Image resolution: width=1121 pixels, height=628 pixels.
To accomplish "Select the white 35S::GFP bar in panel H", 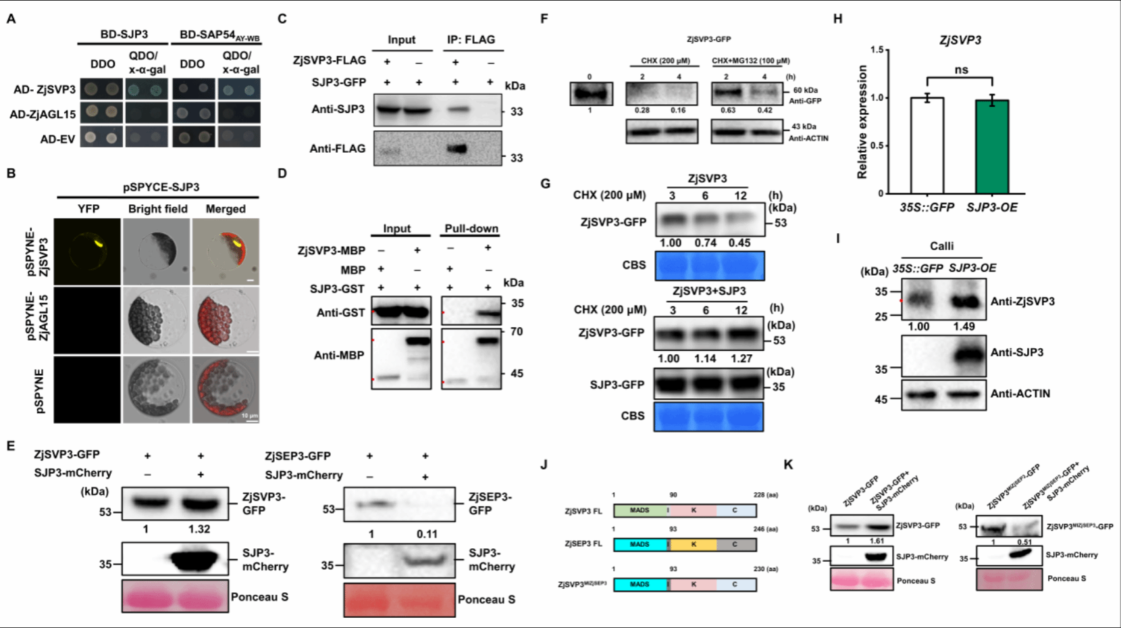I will coord(927,145).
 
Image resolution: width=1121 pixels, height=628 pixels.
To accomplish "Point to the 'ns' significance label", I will coord(961,70).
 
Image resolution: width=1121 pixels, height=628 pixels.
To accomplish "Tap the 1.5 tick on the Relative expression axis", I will coord(877,50).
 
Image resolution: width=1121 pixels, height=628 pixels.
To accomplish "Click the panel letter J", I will coord(544,464).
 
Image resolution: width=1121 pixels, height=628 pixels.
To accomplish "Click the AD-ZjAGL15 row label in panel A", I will coord(43,114).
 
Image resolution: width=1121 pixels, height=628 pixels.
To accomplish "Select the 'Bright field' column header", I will coord(158,209).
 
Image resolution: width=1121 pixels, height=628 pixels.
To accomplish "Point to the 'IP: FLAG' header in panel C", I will coord(471,40).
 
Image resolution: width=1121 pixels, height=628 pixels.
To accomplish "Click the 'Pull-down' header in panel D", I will coord(471,228).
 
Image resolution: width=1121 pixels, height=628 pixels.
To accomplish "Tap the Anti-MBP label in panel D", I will coord(339,355).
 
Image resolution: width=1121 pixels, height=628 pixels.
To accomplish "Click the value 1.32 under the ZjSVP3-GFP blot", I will coord(199,529).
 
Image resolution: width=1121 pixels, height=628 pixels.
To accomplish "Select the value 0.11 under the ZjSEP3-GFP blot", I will coord(427,534).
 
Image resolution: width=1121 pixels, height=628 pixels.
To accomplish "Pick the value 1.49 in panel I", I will coord(964,327).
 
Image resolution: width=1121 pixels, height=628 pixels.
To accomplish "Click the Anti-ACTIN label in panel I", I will coord(1020,393).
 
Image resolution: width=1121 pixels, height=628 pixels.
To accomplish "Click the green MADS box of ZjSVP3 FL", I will coord(640,510).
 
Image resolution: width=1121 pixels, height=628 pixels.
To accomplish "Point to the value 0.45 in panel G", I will coord(739,243).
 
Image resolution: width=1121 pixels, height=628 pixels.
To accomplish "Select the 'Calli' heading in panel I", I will coord(941,246).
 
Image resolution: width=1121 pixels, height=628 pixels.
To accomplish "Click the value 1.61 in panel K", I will coord(877,541).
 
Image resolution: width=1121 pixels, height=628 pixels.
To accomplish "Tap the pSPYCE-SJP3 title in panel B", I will coord(161,187).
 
